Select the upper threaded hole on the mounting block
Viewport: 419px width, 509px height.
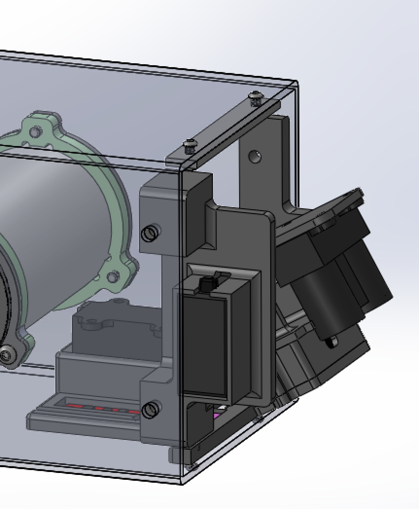pyautogui.click(x=150, y=234)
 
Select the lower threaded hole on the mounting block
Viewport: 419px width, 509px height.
pyautogui.click(x=151, y=410)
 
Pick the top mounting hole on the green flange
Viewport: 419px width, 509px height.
pyautogui.click(x=35, y=132)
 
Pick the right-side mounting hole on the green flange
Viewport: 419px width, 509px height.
pyautogui.click(x=113, y=277)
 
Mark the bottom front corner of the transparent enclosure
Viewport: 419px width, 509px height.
pyautogui.click(x=182, y=484)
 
